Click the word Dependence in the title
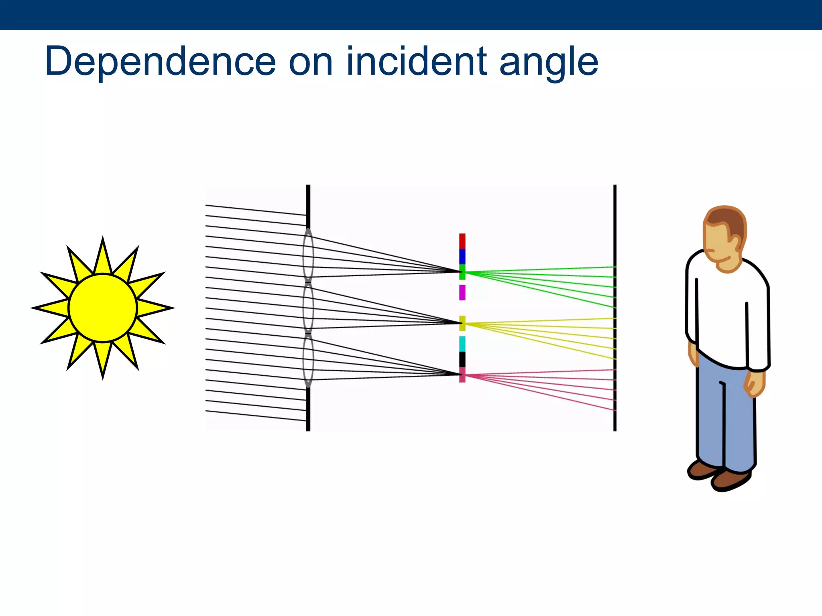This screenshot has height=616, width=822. click(x=161, y=62)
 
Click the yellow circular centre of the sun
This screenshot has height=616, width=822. click(x=103, y=308)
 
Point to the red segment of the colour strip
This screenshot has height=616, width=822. click(x=462, y=241)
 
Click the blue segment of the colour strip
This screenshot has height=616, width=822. click(x=462, y=257)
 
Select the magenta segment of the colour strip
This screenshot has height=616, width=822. click(x=462, y=292)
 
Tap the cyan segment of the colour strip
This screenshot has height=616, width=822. click(x=462, y=344)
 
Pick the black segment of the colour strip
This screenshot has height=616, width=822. click(x=462, y=359)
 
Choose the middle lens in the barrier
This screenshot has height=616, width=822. click(x=308, y=308)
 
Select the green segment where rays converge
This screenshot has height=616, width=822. click(x=462, y=272)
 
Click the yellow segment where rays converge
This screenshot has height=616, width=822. click(x=462, y=323)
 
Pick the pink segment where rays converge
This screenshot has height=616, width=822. click(x=462, y=375)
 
